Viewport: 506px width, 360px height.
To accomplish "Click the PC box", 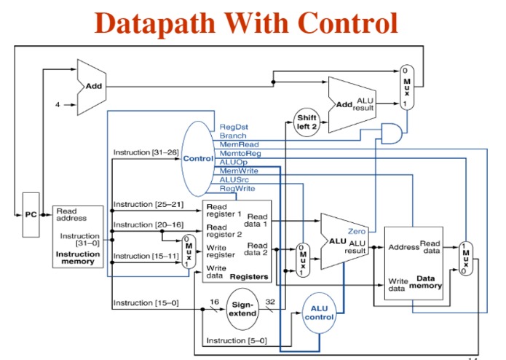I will (30, 215).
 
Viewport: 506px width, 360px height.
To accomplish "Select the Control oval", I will (197, 158).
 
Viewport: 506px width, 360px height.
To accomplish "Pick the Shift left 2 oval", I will (306, 121).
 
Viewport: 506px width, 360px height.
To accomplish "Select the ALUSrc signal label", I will (233, 179).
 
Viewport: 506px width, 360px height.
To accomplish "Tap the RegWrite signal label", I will (235, 189).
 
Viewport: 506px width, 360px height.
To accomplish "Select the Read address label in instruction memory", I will (71, 215).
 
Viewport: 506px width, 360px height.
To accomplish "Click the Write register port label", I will (221, 251).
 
